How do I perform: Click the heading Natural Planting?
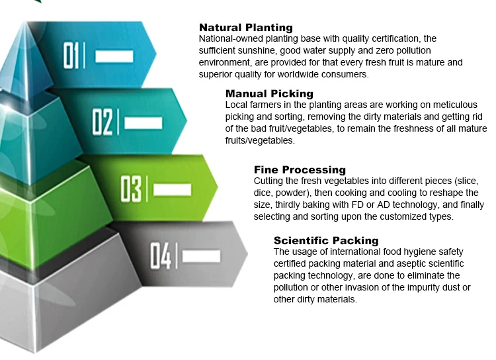(x=245, y=28)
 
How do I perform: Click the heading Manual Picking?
(x=269, y=94)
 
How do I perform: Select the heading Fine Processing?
(x=300, y=170)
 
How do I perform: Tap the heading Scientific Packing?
(x=326, y=240)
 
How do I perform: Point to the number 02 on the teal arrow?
(x=103, y=122)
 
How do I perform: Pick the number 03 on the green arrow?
(x=131, y=189)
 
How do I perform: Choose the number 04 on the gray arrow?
(x=160, y=255)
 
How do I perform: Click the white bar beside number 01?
(x=114, y=56)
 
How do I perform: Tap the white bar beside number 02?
(x=143, y=122)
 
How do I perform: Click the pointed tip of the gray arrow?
(x=247, y=253)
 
